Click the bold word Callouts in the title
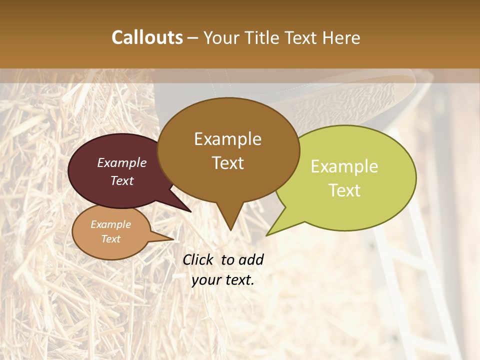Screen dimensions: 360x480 [x=147, y=37]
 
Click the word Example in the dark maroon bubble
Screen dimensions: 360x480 [x=122, y=162]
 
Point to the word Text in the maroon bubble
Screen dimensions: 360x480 [x=122, y=180]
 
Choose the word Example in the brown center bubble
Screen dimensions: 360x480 [x=227, y=139]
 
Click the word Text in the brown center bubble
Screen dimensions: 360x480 [x=227, y=163]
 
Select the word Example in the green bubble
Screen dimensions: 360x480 [x=344, y=166]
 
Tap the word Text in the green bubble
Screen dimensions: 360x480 [x=344, y=190]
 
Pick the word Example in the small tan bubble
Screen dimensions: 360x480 [x=111, y=224]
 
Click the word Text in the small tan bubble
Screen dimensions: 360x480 [x=111, y=239]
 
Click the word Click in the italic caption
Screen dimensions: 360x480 [x=198, y=259]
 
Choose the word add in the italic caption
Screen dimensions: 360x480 [x=251, y=259]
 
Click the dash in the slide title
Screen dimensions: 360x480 [x=193, y=38]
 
